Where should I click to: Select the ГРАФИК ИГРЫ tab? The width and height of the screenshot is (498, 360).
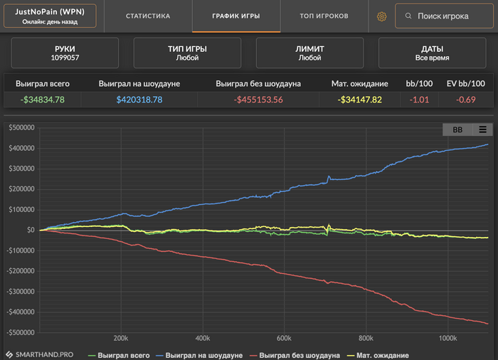tap(236, 16)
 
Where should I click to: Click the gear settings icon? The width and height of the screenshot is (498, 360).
tap(381, 16)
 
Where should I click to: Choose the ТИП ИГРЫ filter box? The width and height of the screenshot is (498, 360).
tap(187, 53)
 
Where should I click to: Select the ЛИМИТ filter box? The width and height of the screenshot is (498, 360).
tap(310, 53)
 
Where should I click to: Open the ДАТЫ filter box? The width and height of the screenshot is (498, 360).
tap(433, 53)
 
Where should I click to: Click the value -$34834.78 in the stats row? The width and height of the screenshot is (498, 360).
tap(43, 100)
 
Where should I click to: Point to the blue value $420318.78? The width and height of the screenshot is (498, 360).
tap(139, 100)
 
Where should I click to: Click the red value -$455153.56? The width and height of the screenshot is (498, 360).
tap(258, 100)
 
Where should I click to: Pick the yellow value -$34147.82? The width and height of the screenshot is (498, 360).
tap(360, 100)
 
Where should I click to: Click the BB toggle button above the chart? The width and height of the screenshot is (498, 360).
tap(457, 129)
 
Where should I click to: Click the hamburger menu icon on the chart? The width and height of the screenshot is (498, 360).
tap(482, 129)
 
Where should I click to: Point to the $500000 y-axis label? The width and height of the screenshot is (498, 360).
tap(21, 128)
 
